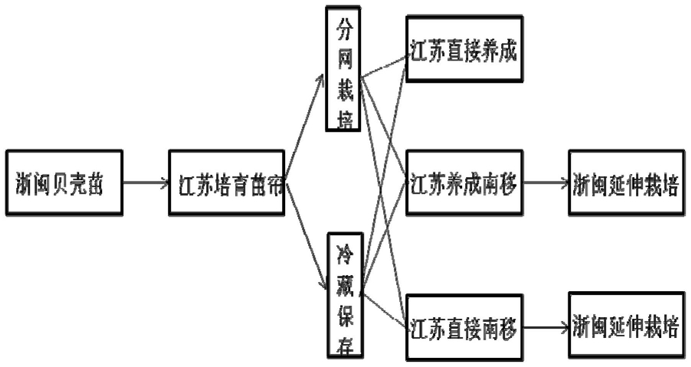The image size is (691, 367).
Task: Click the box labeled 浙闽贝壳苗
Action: pyautogui.click(x=63, y=183)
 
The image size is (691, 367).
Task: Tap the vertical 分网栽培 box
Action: pyautogui.click(x=343, y=69)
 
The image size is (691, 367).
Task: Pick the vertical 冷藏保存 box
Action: pyautogui.click(x=343, y=295)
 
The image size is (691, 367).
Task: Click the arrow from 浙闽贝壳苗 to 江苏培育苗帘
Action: pyautogui.click(x=146, y=183)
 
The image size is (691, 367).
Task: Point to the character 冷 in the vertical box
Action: pyautogui.click(x=343, y=251)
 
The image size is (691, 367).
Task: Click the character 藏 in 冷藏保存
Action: pyautogui.click(x=343, y=281)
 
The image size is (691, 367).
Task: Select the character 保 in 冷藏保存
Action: pyautogui.click(x=343, y=312)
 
